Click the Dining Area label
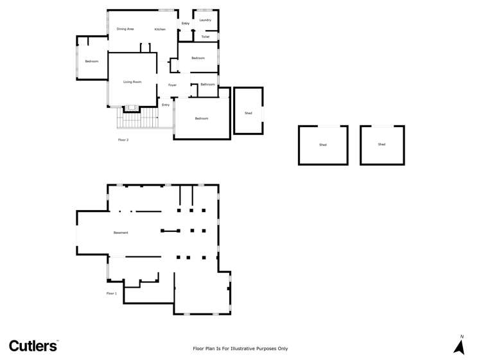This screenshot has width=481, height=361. (125, 29)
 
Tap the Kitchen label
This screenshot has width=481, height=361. (160, 29)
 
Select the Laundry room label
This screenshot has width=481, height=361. (206, 20)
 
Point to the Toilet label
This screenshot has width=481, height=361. (206, 37)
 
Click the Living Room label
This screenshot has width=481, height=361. (132, 82)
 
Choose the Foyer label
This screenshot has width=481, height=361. (173, 85)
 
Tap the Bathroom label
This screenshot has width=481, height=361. (207, 84)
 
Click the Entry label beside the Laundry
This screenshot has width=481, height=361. (186, 23)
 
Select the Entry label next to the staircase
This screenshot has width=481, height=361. (166, 105)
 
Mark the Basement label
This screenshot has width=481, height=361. (121, 233)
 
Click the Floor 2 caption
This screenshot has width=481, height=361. (123, 139)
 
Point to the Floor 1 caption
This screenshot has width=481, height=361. (112, 293)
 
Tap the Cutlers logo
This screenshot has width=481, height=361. (33, 346)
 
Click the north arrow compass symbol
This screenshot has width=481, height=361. (459, 346)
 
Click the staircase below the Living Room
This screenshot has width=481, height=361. (138, 118)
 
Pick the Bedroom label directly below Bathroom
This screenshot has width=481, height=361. (202, 118)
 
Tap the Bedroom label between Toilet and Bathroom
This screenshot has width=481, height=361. (198, 58)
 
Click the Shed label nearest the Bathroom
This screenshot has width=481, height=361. (249, 113)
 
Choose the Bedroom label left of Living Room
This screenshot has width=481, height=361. (92, 61)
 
